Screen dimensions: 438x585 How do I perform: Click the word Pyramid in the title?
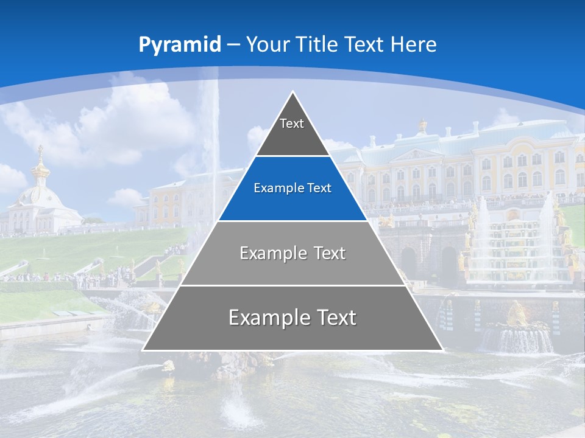point(179,45)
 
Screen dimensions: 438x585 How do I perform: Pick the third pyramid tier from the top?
point(292,253)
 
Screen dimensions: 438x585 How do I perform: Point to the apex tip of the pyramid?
point(293,93)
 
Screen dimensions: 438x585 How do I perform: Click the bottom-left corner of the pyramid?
point(144,349)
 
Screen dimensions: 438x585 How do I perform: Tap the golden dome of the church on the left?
point(41,170)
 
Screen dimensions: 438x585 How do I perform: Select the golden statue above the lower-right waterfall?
point(517,313)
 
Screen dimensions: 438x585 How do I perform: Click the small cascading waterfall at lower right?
point(517,341)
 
